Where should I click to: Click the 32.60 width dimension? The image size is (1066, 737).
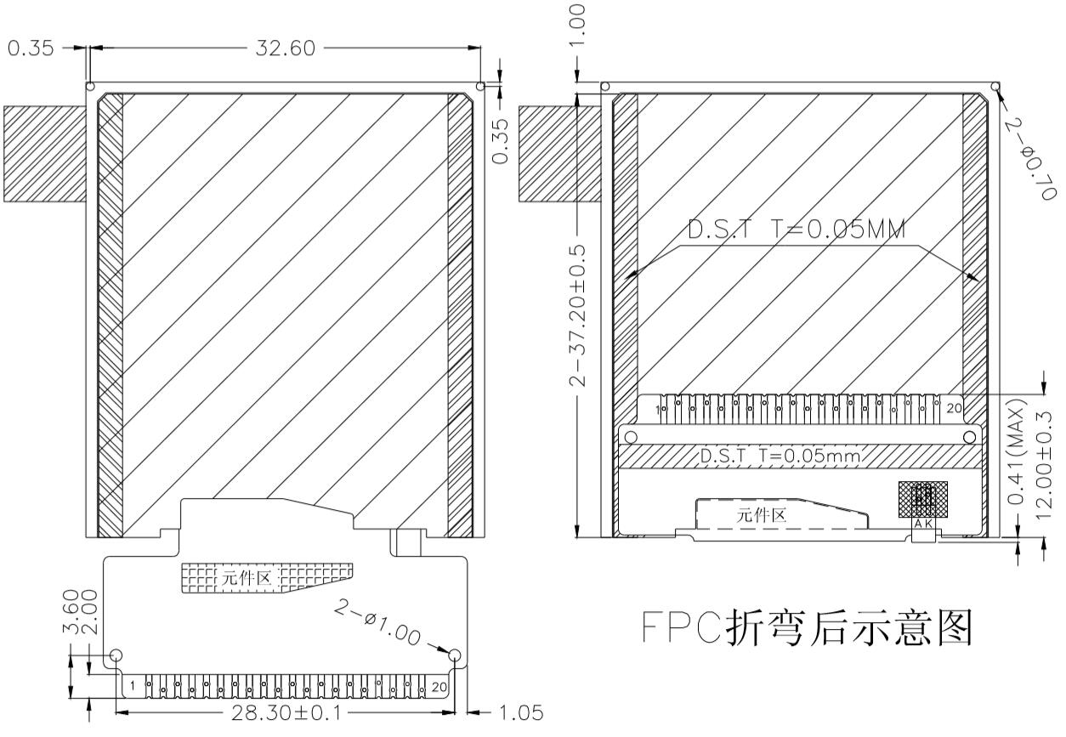(x=285, y=48)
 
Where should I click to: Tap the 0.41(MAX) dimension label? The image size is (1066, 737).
(x=1016, y=460)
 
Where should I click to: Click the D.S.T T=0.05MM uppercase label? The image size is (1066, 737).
(x=797, y=230)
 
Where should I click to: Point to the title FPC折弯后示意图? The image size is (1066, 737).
(x=807, y=628)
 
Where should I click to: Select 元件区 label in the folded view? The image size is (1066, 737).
(x=762, y=514)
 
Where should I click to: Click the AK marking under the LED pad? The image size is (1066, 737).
(x=924, y=524)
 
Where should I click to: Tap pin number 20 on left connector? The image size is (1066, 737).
(x=439, y=686)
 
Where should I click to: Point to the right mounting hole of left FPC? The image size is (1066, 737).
(x=455, y=655)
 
